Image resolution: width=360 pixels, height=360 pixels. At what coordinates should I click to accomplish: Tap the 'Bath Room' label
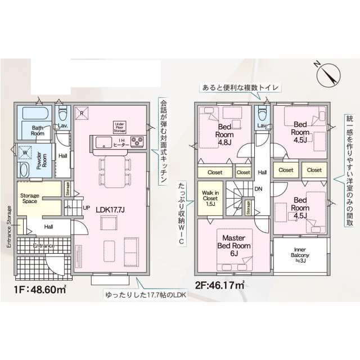point(38,131)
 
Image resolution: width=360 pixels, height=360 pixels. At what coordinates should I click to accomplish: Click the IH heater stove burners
point(137,141)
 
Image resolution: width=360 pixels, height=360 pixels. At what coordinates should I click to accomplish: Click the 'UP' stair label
point(86,208)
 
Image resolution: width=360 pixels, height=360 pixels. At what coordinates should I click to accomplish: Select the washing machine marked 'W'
point(25,152)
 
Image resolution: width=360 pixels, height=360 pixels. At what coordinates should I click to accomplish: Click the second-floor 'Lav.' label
point(262,125)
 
